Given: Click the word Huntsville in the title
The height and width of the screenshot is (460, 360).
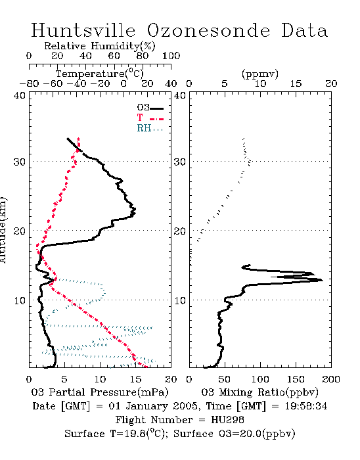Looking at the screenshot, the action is click(83, 30).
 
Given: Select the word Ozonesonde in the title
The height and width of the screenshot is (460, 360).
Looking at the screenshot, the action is click(208, 30).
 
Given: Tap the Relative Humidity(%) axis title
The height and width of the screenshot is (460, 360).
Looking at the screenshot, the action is click(100, 46).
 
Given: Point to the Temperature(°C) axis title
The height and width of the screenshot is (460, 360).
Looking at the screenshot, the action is click(100, 74).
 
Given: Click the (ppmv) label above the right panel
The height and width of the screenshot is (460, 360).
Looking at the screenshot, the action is click(260, 74).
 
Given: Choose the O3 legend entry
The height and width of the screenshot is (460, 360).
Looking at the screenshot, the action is click(150, 108).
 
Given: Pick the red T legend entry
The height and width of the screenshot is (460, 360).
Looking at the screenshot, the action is click(150, 118).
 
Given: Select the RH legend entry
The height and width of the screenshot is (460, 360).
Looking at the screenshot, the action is click(150, 128).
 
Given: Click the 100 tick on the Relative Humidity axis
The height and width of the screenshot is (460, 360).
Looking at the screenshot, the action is click(171, 56).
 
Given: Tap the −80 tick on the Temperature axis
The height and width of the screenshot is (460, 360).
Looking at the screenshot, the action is click(29, 84).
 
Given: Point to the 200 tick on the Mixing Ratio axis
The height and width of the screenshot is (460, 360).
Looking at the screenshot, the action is click(331, 379).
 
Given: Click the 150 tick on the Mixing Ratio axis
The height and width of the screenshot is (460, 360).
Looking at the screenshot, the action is click(296, 379).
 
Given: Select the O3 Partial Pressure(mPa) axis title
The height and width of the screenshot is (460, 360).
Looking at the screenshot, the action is click(100, 392).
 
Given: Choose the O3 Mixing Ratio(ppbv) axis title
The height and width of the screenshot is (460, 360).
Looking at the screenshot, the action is click(259, 392).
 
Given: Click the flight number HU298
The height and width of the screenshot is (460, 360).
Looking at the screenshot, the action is click(227, 420).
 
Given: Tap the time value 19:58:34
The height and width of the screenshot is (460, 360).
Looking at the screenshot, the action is click(306, 406).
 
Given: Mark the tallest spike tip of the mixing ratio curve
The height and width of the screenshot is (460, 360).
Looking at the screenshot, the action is click(323, 280).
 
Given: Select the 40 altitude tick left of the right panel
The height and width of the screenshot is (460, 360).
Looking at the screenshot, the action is click(180, 96).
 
